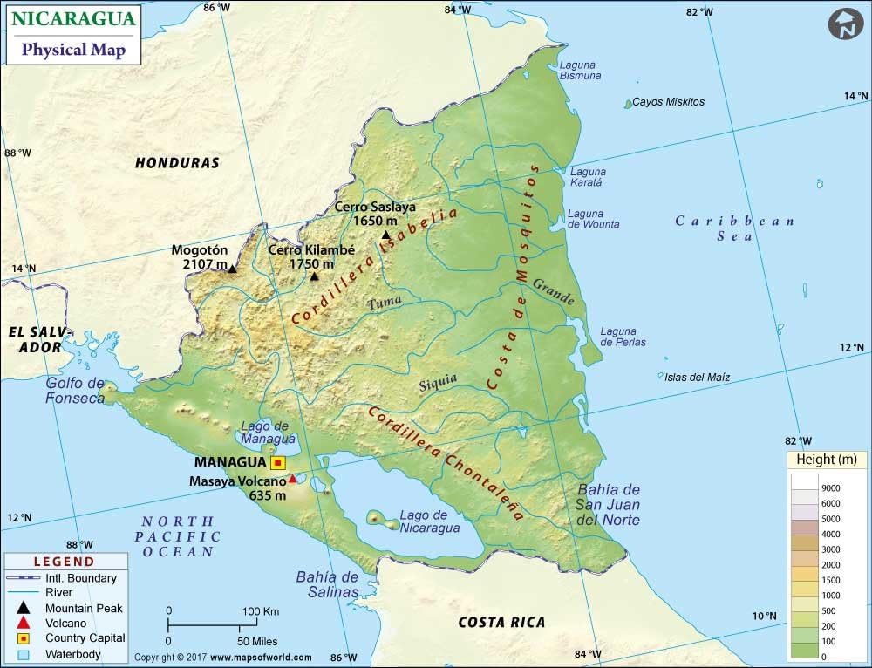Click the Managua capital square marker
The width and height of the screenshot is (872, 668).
(278, 463)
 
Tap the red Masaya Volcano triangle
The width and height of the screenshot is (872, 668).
(293, 479)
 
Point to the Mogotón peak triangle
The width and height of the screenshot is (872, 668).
(232, 269)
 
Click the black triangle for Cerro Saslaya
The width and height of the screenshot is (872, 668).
(385, 235)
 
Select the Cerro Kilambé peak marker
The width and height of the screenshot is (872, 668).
(315, 276)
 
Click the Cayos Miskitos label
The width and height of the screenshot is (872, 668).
(668, 102)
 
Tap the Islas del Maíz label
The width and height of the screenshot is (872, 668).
(697, 378)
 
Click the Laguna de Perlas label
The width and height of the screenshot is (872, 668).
(623, 337)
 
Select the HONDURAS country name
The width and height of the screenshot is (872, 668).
(177, 163)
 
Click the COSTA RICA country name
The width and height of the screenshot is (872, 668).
(501, 622)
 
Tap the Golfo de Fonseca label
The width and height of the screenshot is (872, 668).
(75, 391)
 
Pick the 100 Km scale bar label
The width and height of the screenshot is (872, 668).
(261, 610)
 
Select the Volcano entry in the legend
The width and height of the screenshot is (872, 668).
(66, 623)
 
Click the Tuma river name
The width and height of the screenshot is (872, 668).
(385, 303)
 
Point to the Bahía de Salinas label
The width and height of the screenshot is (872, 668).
(327, 584)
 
